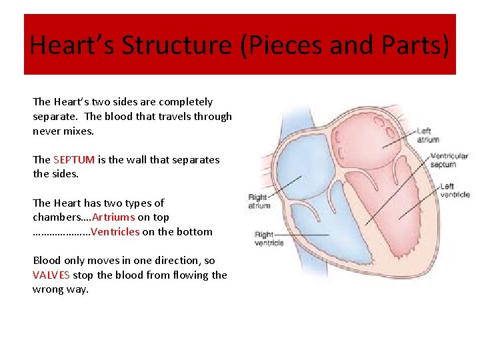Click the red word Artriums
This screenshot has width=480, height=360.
click(x=113, y=217)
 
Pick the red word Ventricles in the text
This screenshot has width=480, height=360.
click(x=115, y=232)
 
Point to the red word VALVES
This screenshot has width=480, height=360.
click(x=51, y=275)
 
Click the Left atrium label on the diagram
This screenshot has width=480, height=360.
click(x=428, y=135)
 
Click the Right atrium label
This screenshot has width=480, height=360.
click(x=259, y=201)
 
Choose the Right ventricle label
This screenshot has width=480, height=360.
click(x=269, y=239)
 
